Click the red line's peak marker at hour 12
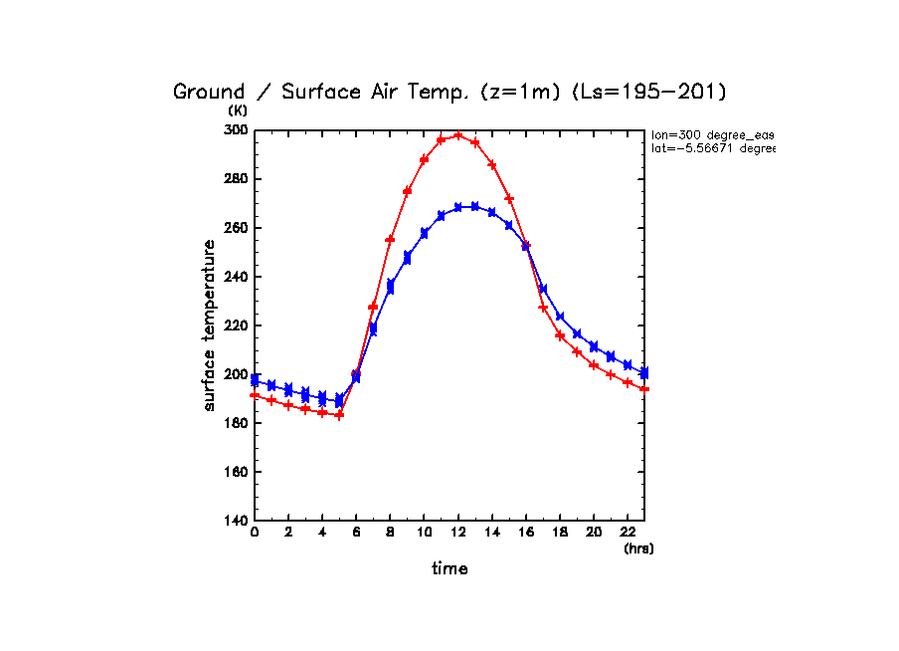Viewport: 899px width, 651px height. click(458, 135)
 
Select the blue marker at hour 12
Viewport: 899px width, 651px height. click(458, 207)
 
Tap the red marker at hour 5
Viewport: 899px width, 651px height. click(339, 415)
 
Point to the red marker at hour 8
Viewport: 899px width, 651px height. click(390, 240)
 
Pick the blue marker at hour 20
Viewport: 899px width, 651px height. click(594, 346)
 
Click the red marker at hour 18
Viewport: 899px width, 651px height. click(560, 335)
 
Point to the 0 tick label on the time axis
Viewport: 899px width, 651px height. click(255, 535)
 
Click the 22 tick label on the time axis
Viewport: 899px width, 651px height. click(628, 535)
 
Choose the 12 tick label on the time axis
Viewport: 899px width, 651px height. click(457, 535)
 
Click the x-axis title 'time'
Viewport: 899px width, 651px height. click(449, 569)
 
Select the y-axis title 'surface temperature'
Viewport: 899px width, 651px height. click(210, 325)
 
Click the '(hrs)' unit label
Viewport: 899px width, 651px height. click(638, 548)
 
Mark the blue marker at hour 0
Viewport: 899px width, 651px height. click(256, 380)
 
